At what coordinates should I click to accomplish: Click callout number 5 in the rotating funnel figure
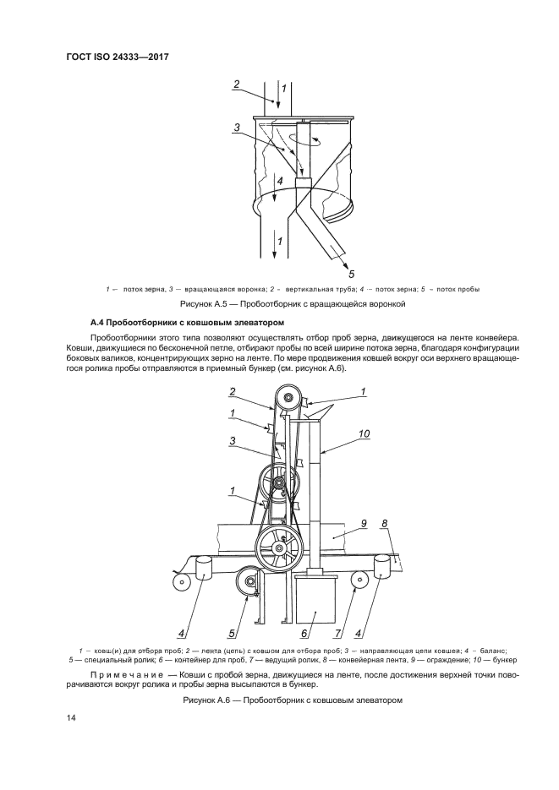point(350,273)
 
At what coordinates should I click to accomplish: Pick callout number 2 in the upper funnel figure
point(238,84)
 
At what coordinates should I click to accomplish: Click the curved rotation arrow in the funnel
point(304,139)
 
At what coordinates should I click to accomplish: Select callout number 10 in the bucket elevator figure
point(364,434)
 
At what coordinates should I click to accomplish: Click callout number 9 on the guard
point(363,524)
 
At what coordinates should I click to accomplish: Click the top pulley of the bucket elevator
point(288,398)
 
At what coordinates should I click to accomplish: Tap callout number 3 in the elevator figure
point(232,440)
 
